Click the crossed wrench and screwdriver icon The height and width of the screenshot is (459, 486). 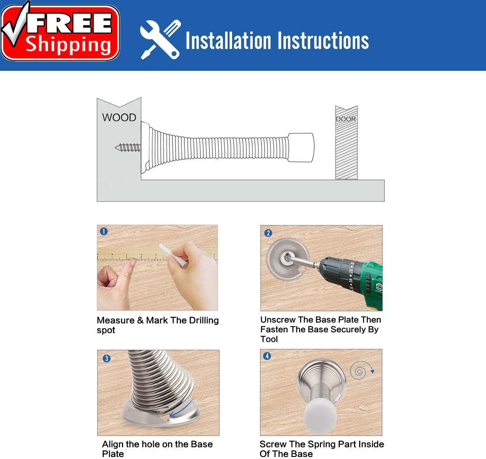point(160,40)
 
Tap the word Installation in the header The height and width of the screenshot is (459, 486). point(228,40)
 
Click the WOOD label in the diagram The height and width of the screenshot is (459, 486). point(119,118)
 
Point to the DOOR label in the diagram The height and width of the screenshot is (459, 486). point(346,119)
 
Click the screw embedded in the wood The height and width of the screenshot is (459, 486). point(128,147)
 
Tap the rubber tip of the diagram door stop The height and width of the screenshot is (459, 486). point(301,147)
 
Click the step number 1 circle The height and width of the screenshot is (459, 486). point(104,232)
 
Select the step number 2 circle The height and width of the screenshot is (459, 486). point(268,233)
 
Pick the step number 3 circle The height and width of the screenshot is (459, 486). point(107,359)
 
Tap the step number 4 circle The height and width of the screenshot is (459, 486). point(267,356)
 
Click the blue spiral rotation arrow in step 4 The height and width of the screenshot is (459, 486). point(361,370)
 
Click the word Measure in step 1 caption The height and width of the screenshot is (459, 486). point(116,321)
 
